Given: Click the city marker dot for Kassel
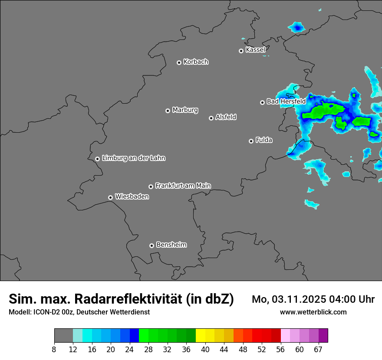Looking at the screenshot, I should (241, 51).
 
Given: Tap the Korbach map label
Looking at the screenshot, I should (196, 62).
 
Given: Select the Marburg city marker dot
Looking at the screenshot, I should (168, 111).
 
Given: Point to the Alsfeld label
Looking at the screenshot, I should (226, 117).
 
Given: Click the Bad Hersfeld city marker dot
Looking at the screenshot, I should (262, 102).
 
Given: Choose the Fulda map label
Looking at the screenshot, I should (264, 140).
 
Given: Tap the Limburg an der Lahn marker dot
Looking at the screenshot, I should (97, 159).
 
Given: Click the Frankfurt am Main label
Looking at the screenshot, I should (183, 186).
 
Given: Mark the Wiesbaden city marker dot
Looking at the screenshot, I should (110, 197).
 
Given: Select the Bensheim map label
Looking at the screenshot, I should (171, 245).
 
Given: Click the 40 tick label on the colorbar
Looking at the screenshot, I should (205, 350).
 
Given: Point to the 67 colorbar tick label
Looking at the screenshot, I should (318, 350).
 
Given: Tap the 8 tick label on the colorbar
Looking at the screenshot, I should (54, 350).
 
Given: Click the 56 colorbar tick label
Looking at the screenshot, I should (281, 350).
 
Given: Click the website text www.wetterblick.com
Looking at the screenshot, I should (313, 312).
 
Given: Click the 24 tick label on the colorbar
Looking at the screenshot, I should (130, 350).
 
